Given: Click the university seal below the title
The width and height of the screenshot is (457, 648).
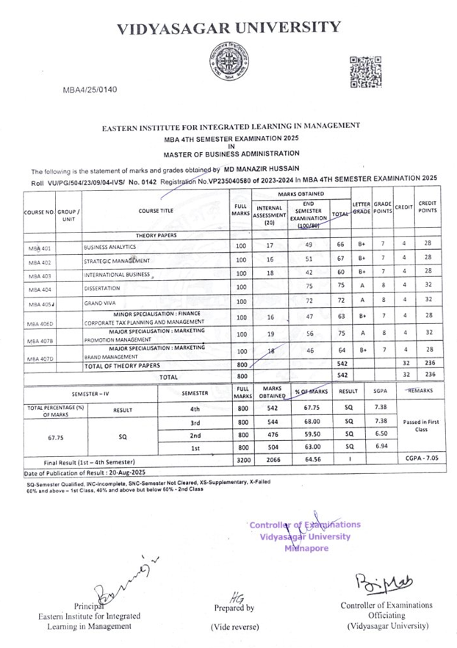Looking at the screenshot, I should tap(228, 62).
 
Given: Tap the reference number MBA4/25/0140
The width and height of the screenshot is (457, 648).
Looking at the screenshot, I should tap(90, 90).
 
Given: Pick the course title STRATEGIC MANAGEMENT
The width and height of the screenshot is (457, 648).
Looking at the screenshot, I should tap(117, 261).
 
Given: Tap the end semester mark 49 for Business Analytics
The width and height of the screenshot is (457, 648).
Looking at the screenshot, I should tap(309, 245).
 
